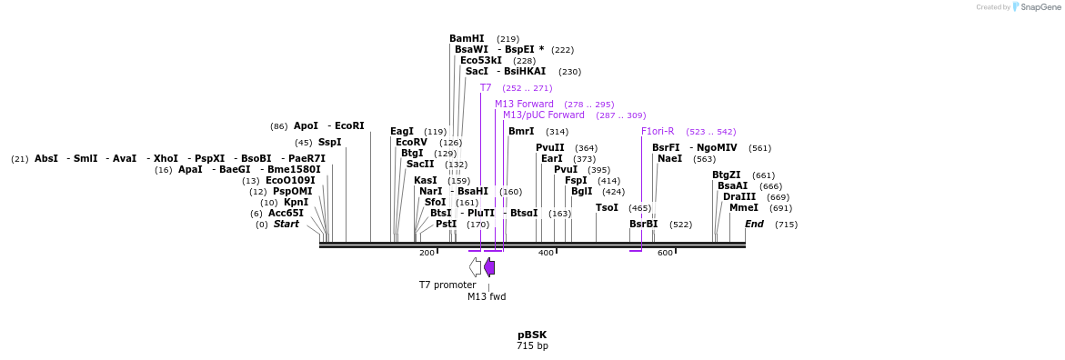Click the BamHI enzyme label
(x=467, y=39)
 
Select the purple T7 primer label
(x=486, y=88)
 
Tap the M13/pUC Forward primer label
(x=544, y=115)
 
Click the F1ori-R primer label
(x=658, y=132)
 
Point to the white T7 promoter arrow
(x=475, y=266)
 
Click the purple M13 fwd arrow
(x=489, y=266)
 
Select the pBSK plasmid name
(x=532, y=335)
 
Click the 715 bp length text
(x=532, y=345)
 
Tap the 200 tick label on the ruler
(x=427, y=253)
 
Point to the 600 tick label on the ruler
(x=665, y=253)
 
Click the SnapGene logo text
(x=1040, y=7)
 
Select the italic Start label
(x=286, y=225)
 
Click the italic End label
(x=754, y=225)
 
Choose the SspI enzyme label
(x=329, y=143)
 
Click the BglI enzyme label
(x=581, y=192)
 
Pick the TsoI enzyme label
(x=607, y=208)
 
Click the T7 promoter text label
(x=447, y=285)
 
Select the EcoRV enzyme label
(x=411, y=143)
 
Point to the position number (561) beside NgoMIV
(x=759, y=148)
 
